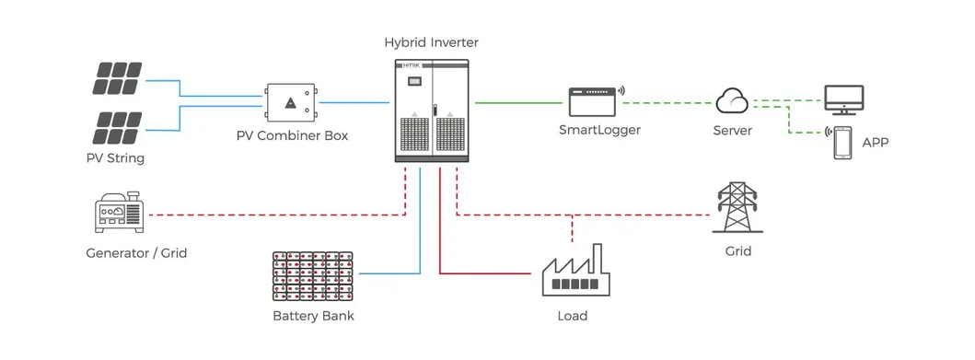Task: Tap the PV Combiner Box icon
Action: pyautogui.click(x=291, y=104)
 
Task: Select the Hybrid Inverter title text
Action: pyautogui.click(x=432, y=42)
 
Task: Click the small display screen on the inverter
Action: pyautogui.click(x=414, y=82)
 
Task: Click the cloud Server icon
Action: pyautogui.click(x=733, y=99)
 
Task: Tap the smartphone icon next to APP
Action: pyautogui.click(x=842, y=144)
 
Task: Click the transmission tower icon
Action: pyautogui.click(x=737, y=209)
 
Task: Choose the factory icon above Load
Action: pyautogui.click(x=573, y=272)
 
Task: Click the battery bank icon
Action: pyautogui.click(x=313, y=275)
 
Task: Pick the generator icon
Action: pyautogui.click(x=117, y=215)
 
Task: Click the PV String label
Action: pyautogui.click(x=115, y=158)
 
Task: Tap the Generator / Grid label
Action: pyautogui.click(x=136, y=252)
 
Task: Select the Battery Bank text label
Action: pyautogui.click(x=313, y=317)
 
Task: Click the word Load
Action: pyautogui.click(x=572, y=316)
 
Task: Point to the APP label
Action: pyautogui.click(x=876, y=143)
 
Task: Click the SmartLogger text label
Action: pyautogui.click(x=599, y=130)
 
